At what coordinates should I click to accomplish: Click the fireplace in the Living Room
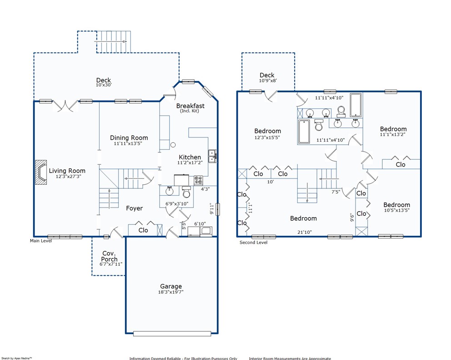41,172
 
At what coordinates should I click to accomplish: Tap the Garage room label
171,286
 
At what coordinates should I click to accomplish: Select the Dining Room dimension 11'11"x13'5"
128,143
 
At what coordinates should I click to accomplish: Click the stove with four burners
198,180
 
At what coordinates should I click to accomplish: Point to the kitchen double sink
213,156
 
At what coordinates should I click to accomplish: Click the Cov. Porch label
109,256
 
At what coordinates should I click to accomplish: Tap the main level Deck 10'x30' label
104,82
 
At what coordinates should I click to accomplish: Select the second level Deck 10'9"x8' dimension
268,81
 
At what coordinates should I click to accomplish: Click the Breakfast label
190,106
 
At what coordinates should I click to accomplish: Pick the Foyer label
134,208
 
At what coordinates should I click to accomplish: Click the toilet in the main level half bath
186,192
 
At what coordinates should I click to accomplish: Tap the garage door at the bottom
172,334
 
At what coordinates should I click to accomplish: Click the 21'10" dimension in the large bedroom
305,232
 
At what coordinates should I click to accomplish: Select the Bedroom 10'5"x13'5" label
396,207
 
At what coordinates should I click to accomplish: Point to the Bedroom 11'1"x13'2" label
393,131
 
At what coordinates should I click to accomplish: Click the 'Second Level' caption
253,243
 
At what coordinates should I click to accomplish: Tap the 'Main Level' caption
41,241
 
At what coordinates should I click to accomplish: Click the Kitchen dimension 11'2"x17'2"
190,163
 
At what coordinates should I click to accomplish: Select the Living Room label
67,171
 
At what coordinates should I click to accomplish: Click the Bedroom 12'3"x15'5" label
267,134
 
